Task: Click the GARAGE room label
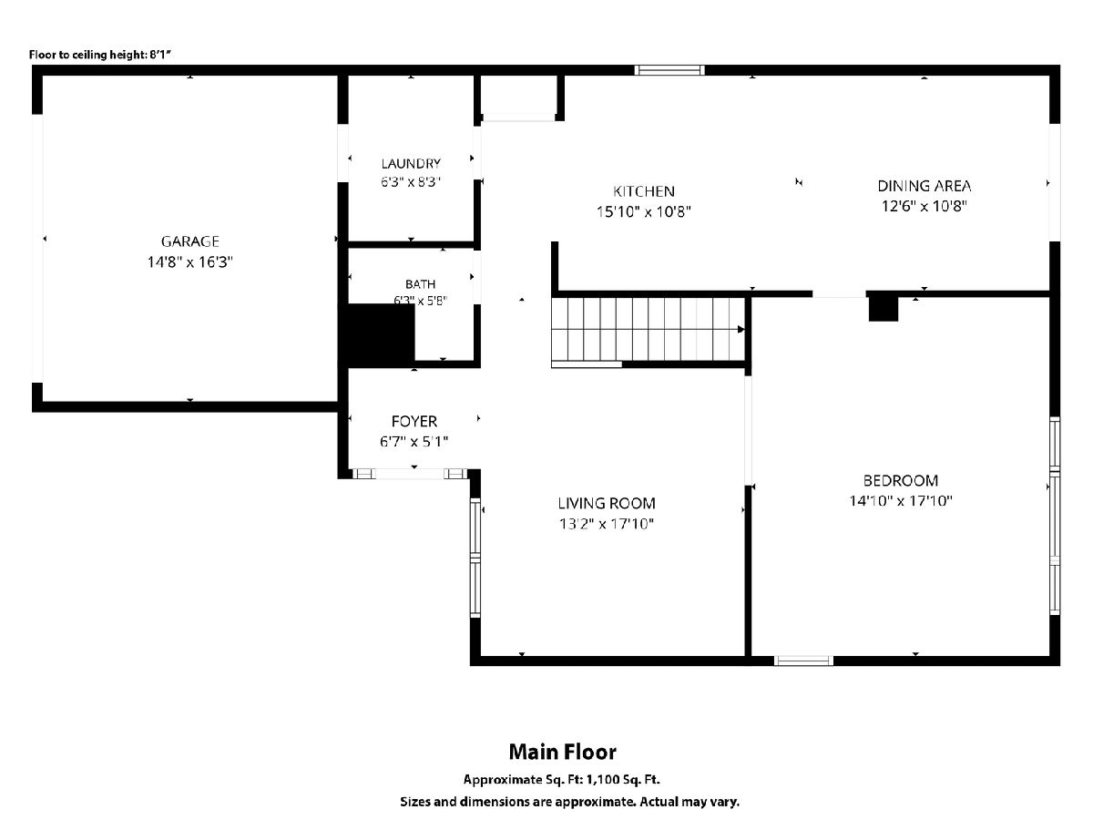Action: point(189,241)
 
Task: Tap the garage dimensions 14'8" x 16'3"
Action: point(189,261)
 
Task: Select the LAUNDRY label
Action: point(411,164)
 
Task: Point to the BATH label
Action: point(420,284)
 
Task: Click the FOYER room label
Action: point(414,422)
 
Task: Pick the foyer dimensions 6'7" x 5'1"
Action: point(414,442)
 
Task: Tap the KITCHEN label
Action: point(643,191)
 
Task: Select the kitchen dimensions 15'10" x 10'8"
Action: point(643,212)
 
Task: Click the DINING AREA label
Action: point(924,186)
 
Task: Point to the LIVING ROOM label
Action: point(606,503)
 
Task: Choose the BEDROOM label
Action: point(900,480)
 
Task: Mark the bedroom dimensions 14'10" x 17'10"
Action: point(900,500)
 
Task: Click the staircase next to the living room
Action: point(648,329)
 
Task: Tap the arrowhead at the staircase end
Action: point(741,330)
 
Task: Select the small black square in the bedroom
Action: point(884,309)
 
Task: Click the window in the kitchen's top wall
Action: point(669,70)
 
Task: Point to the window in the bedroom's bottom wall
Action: point(803,661)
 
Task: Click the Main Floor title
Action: point(562,752)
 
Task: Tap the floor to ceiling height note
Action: point(100,55)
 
